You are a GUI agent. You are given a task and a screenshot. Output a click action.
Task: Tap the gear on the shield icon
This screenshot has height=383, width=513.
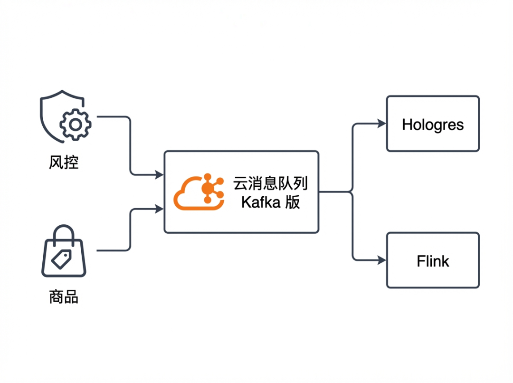click(x=75, y=124)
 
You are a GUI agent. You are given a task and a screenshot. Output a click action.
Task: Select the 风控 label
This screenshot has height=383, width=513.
click(x=63, y=163)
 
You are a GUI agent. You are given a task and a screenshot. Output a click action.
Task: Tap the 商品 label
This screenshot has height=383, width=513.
click(x=63, y=297)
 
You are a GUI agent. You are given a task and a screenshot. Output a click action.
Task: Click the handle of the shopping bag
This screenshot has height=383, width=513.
click(x=64, y=234)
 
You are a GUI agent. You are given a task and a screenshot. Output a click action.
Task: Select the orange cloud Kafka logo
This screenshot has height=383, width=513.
click(x=199, y=192)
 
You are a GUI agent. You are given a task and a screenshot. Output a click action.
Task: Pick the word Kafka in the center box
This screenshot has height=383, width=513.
click(x=261, y=202)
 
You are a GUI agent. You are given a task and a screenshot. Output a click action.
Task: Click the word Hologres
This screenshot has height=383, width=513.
click(x=432, y=124)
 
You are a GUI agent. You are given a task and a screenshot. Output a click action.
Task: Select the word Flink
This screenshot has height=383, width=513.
click(x=432, y=261)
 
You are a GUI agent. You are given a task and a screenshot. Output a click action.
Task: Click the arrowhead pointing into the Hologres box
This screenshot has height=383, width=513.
click(x=382, y=124)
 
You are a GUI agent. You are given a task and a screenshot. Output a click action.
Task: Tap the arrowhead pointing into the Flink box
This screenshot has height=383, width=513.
click(x=382, y=260)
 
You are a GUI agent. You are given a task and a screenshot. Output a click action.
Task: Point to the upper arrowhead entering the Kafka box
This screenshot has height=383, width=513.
click(x=160, y=175)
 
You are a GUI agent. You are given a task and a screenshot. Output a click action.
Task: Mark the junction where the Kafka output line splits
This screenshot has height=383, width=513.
click(x=352, y=192)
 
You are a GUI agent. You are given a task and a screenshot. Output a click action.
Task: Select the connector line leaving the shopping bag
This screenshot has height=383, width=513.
click(x=114, y=250)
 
